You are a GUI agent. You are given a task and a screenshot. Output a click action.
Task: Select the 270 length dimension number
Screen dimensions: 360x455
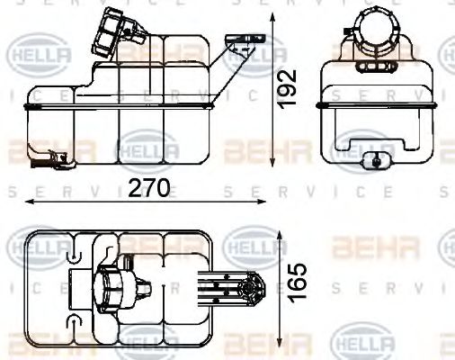tap(147, 191)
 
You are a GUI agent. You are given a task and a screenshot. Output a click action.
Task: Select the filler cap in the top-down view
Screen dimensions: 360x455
tap(112, 291)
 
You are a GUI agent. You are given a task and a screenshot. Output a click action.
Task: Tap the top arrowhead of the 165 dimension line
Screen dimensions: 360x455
tap(288, 228)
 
